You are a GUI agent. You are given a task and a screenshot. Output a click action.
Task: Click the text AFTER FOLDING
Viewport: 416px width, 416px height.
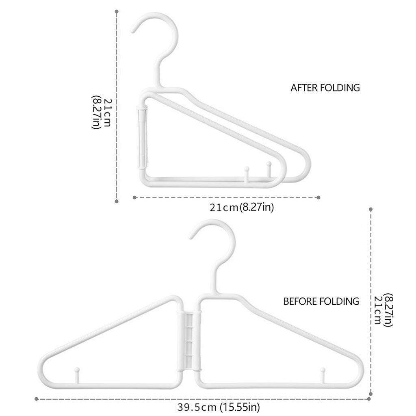pos(325,87)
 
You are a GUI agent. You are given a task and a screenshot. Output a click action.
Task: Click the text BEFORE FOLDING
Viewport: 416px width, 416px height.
pos(321,301)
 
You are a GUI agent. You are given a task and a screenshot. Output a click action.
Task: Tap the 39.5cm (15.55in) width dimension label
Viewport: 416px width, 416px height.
pos(218,407)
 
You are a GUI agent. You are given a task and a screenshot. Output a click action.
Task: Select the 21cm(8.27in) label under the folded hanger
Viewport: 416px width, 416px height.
pos(241,208)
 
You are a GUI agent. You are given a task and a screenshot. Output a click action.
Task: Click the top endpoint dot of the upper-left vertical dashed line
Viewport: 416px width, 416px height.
pos(117,11)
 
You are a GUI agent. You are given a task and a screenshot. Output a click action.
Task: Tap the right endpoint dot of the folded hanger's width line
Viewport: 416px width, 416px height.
pos(318,197)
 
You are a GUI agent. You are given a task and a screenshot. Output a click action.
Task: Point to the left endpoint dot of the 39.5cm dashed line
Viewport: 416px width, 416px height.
pos(37,399)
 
